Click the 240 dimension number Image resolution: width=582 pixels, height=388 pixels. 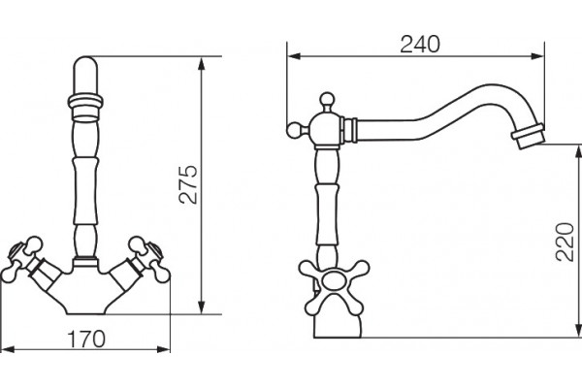[x=420, y=45]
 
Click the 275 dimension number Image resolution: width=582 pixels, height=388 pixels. [x=188, y=184]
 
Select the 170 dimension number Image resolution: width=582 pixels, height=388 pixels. [x=86, y=339]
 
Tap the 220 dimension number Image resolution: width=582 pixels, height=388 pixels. [x=565, y=242]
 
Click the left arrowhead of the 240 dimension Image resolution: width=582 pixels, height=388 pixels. [x=294, y=56]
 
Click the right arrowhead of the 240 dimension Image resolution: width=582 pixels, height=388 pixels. [x=537, y=56]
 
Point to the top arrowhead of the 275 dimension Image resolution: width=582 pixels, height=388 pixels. [x=201, y=64]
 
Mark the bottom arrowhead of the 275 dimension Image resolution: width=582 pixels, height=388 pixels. [x=201, y=307]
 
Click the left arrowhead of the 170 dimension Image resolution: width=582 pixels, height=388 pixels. [x=8, y=349]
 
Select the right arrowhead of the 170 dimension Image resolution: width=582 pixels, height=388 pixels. [x=163, y=349]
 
